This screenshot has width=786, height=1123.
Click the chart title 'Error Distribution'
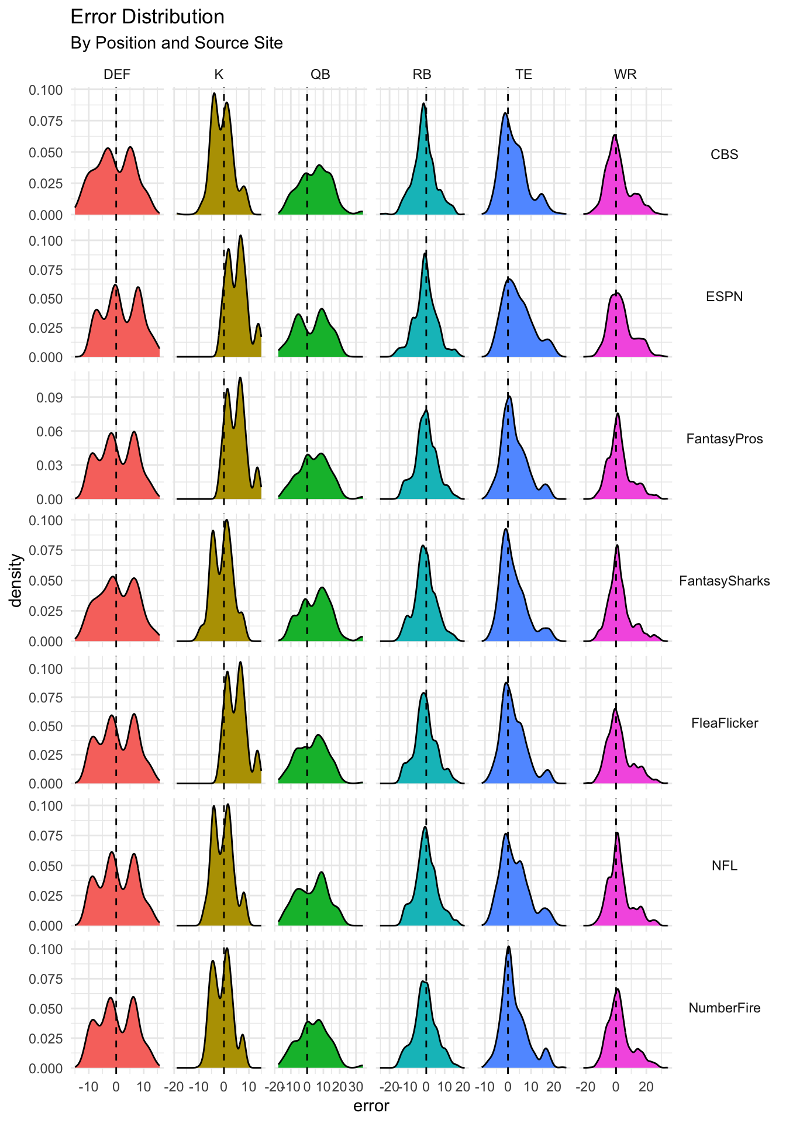147,17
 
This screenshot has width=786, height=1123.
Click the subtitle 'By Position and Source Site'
176,43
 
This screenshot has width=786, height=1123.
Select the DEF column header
117,74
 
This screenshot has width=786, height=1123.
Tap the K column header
219,74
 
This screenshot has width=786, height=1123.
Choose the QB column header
320,74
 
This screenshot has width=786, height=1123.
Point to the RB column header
422,74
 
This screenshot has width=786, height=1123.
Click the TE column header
523,74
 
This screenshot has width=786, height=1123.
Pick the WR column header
625,74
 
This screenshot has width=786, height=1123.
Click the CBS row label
724,154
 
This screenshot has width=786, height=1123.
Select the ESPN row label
724,297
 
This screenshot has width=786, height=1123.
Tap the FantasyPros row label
724,439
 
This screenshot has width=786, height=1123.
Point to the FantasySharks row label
724,581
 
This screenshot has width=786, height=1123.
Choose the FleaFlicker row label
724,723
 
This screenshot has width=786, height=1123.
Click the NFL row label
724,866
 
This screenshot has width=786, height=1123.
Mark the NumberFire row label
724,1008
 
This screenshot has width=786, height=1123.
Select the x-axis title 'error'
371,1106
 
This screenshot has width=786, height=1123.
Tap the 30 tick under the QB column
356,1087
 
